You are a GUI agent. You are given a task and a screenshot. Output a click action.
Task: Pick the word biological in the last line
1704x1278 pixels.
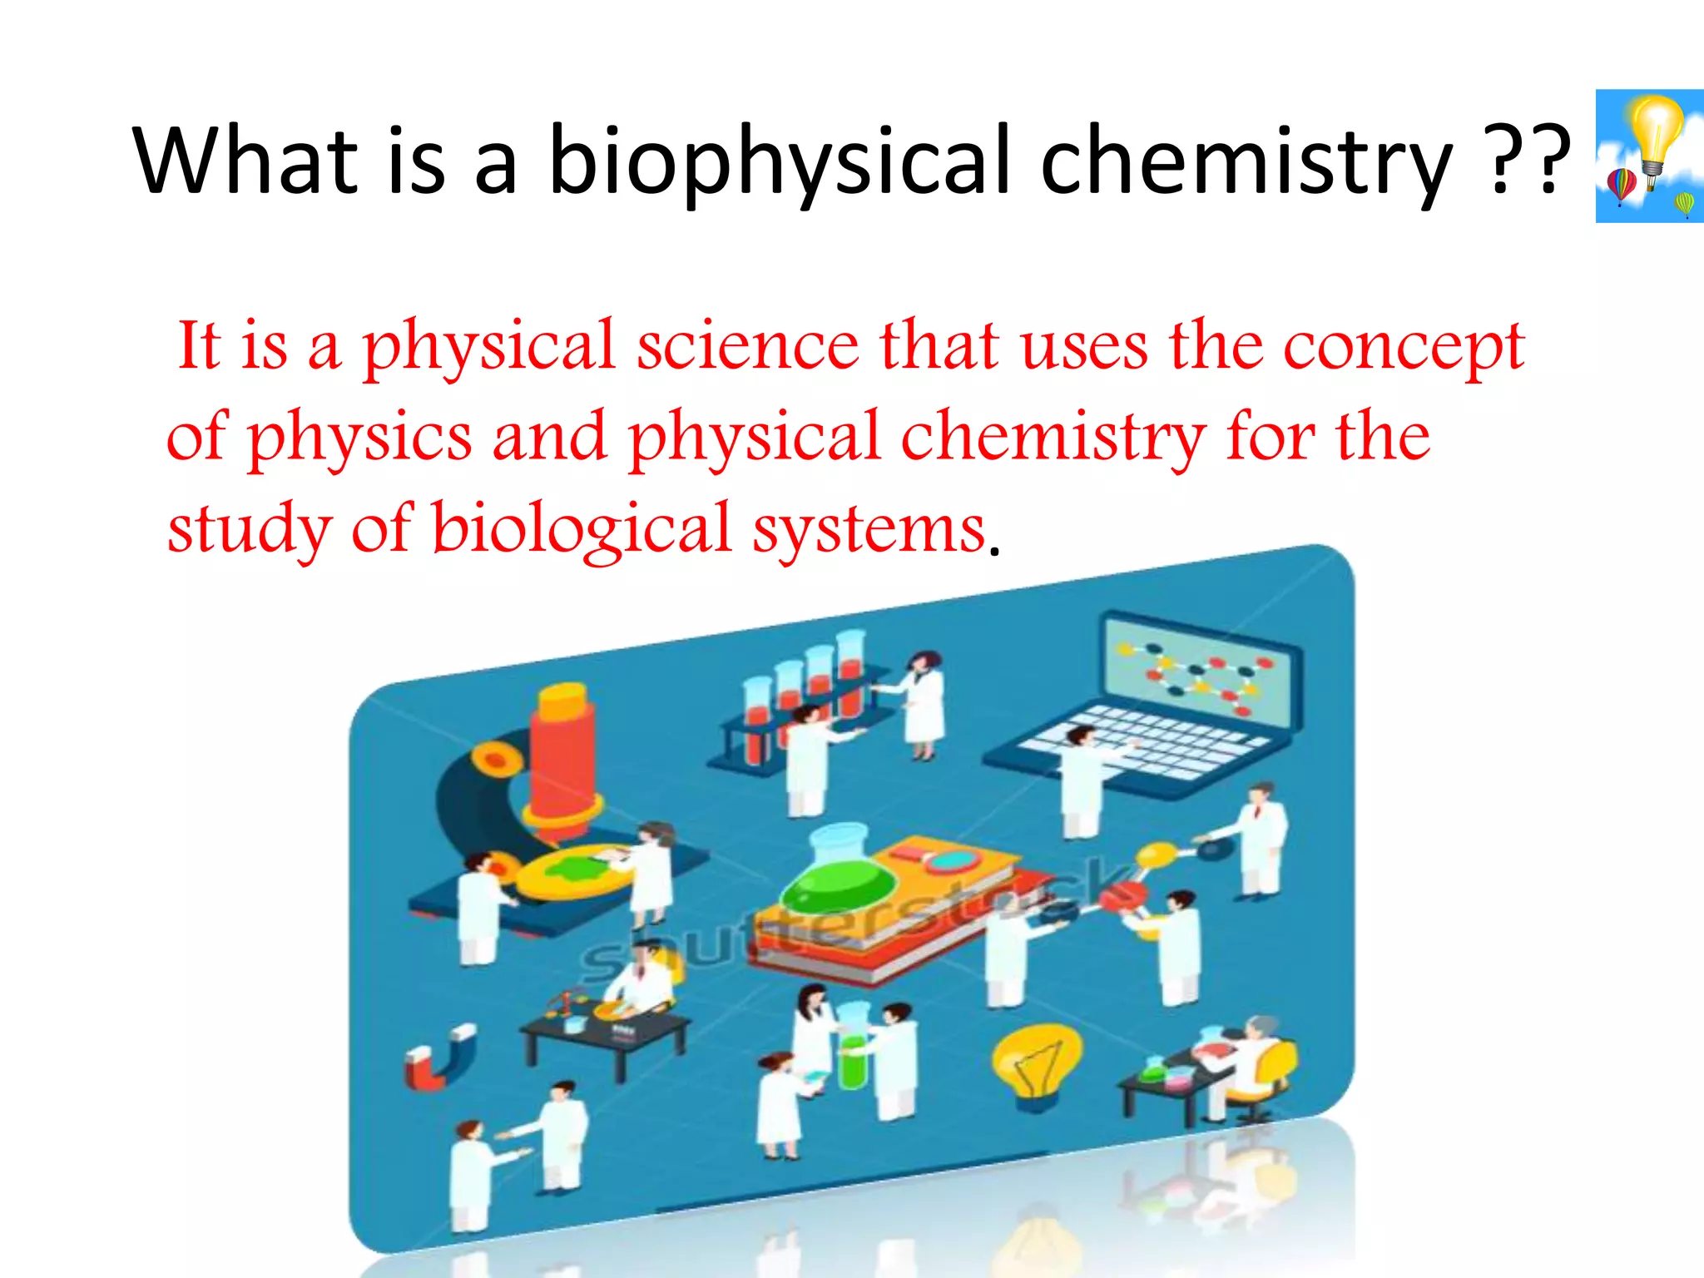(x=581, y=529)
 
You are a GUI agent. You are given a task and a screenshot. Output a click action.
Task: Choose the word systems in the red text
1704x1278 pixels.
(x=869, y=529)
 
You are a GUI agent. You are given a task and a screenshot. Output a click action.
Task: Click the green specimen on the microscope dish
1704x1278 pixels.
(x=574, y=870)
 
